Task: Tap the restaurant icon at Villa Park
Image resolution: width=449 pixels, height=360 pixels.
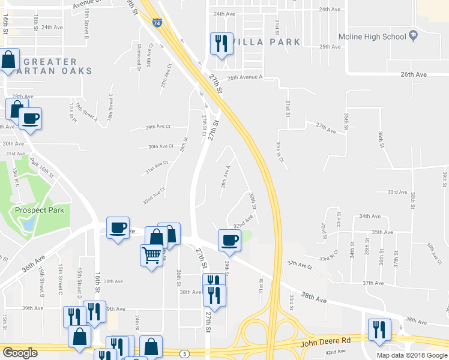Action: tap(221, 44)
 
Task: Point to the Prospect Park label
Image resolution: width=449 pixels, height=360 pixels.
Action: tap(40, 210)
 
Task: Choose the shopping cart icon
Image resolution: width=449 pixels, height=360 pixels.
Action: tap(151, 256)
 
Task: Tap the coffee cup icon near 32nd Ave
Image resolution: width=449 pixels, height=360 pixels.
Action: tap(229, 241)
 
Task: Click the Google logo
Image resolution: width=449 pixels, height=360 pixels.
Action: tap(20, 353)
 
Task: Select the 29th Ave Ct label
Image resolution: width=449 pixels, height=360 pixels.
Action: tap(158, 127)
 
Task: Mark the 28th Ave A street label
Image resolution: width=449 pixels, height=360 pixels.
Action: tap(225, 176)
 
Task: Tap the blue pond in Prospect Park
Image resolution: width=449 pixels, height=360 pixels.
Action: tap(26, 223)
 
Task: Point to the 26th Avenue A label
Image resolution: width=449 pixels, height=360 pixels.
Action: tap(245, 77)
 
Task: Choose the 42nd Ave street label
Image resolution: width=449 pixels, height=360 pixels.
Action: tap(336, 352)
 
